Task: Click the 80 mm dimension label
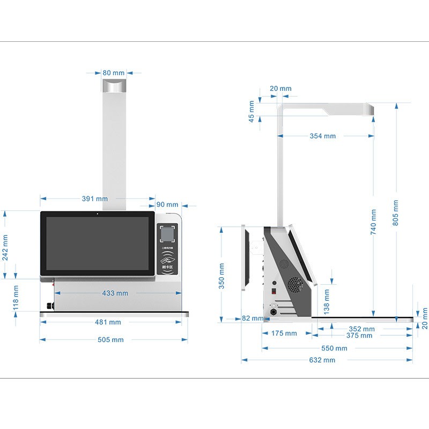(x=113, y=72)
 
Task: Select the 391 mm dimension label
(x=94, y=198)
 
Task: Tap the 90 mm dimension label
(x=167, y=204)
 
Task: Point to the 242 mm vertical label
(x=5, y=247)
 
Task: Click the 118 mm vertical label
(x=16, y=298)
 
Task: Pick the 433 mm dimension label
(x=115, y=293)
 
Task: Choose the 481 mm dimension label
(x=108, y=322)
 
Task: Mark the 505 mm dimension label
(x=110, y=339)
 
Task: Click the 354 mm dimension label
(x=322, y=136)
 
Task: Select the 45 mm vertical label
(x=252, y=112)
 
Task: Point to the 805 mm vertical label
(x=396, y=213)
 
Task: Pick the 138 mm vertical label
(x=327, y=302)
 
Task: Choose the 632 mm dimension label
(x=322, y=360)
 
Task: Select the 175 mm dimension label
(x=284, y=333)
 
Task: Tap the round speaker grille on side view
(x=294, y=284)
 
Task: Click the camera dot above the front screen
(x=97, y=214)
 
